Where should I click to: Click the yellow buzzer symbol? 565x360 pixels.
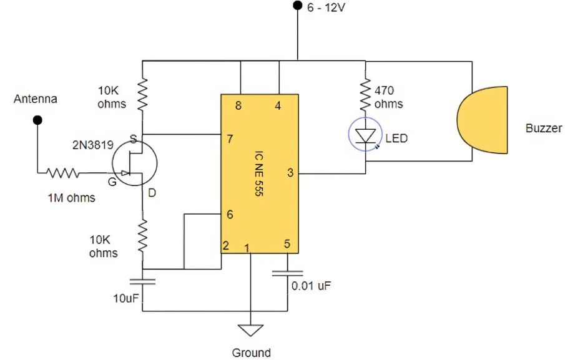tap(483, 120)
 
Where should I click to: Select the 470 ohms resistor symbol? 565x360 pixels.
tap(365, 95)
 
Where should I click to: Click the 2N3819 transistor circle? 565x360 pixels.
tap(134, 163)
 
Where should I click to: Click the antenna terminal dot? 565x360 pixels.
tap(37, 119)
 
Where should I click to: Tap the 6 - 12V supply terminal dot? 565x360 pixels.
tap(298, 6)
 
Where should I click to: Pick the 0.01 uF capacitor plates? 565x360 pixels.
tap(287, 273)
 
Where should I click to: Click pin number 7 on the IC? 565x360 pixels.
tap(230, 139)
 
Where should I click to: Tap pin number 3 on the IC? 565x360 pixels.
tap(290, 173)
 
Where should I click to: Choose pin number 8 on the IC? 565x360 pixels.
tap(238, 106)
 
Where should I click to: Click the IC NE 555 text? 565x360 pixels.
tap(259, 174)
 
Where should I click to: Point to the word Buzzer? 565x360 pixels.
tap(543, 129)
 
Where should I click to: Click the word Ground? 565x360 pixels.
tap(251, 353)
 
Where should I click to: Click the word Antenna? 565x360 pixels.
tap(36, 99)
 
